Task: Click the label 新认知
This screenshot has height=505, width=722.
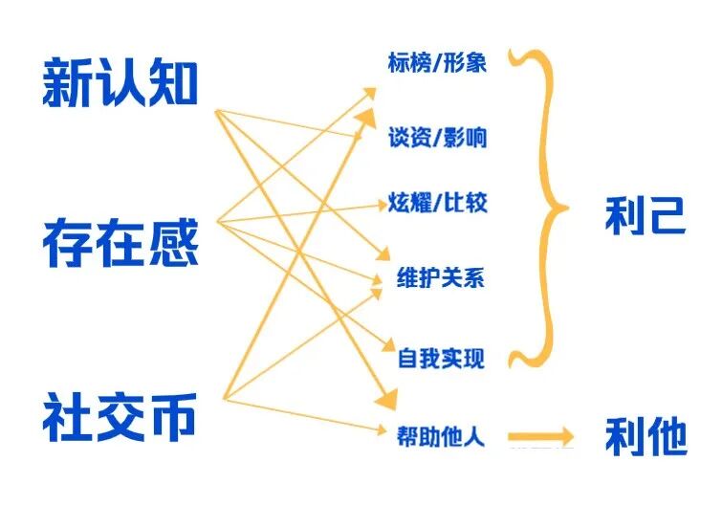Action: point(120,83)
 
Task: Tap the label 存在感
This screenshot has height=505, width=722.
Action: point(120,243)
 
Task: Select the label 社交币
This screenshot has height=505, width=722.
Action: point(120,417)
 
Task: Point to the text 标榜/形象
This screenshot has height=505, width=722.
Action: point(437,62)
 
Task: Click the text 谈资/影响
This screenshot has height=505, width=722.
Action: point(437,137)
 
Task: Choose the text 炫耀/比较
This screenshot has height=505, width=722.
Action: point(437,203)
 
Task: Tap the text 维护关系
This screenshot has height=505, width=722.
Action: point(441,277)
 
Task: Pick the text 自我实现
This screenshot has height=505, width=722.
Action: point(441,358)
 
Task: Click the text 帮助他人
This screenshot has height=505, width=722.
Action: point(441,435)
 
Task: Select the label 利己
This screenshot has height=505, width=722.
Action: point(645,215)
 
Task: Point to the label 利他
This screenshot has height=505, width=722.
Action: point(645,435)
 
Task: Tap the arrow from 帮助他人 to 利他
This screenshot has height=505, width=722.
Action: point(540,436)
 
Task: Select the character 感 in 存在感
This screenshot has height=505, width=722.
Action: point(173,243)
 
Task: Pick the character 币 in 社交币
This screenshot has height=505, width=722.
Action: point(171,417)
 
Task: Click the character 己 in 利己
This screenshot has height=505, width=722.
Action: point(666,215)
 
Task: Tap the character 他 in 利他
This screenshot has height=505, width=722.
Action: point(667,435)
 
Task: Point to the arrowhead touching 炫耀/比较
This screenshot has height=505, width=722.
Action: point(382,205)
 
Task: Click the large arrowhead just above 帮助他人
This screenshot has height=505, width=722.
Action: point(386,399)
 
